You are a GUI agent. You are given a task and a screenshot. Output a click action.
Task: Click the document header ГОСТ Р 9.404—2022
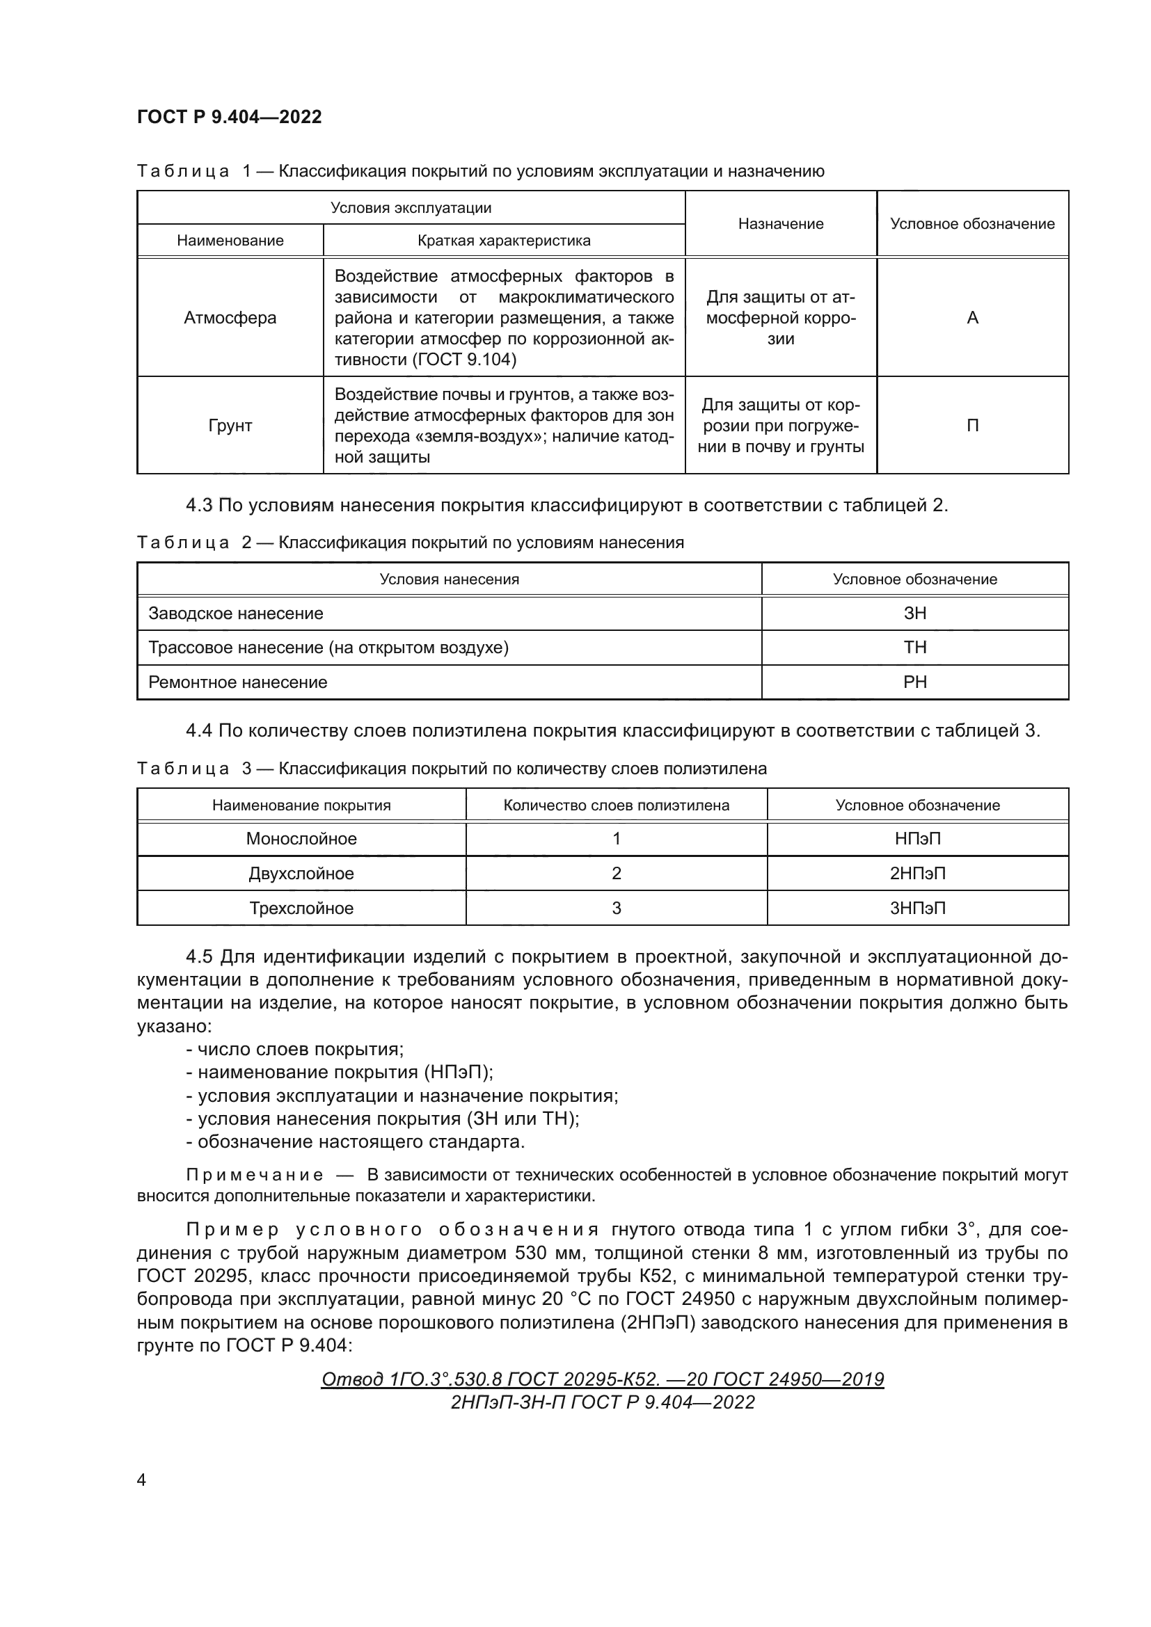tap(229, 117)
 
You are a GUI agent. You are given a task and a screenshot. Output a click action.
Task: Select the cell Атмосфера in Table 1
tap(230, 318)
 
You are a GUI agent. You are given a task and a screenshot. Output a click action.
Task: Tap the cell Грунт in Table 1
tap(230, 426)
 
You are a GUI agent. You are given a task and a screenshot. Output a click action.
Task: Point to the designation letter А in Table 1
tap(972, 318)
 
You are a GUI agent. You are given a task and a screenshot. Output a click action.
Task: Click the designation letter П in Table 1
tap(972, 426)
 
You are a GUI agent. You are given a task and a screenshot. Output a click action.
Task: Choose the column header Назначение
tap(780, 224)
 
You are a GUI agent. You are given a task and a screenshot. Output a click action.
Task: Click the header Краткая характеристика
tap(504, 240)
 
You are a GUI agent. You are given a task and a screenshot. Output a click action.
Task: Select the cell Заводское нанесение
tap(236, 614)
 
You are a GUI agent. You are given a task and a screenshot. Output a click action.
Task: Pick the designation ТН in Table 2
tap(915, 648)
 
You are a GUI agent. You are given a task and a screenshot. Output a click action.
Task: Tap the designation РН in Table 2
tap(915, 682)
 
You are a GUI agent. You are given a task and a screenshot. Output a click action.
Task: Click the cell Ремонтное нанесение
tap(238, 682)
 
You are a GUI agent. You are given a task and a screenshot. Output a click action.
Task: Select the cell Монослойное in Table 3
tap(301, 839)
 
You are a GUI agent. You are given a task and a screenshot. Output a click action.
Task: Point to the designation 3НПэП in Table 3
tap(918, 908)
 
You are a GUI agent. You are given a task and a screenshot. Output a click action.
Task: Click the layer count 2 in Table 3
tap(616, 874)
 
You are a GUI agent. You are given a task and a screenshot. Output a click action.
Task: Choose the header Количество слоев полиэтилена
tap(616, 806)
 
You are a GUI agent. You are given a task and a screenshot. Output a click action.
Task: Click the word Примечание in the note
tap(255, 1175)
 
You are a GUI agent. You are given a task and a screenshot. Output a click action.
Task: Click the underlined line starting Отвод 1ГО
tap(603, 1379)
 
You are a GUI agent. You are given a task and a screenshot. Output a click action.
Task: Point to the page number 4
tap(141, 1480)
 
